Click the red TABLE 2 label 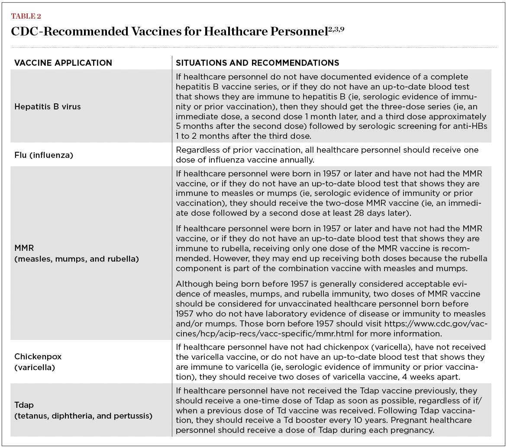pyautogui.click(x=26, y=17)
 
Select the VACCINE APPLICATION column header pyautogui.click(x=63, y=63)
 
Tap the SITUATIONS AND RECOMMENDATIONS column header pyautogui.click(x=257, y=63)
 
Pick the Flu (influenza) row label pyautogui.click(x=44, y=154)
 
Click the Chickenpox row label pyautogui.click(x=38, y=357)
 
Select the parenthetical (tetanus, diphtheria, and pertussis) pyautogui.click(x=83, y=416)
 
